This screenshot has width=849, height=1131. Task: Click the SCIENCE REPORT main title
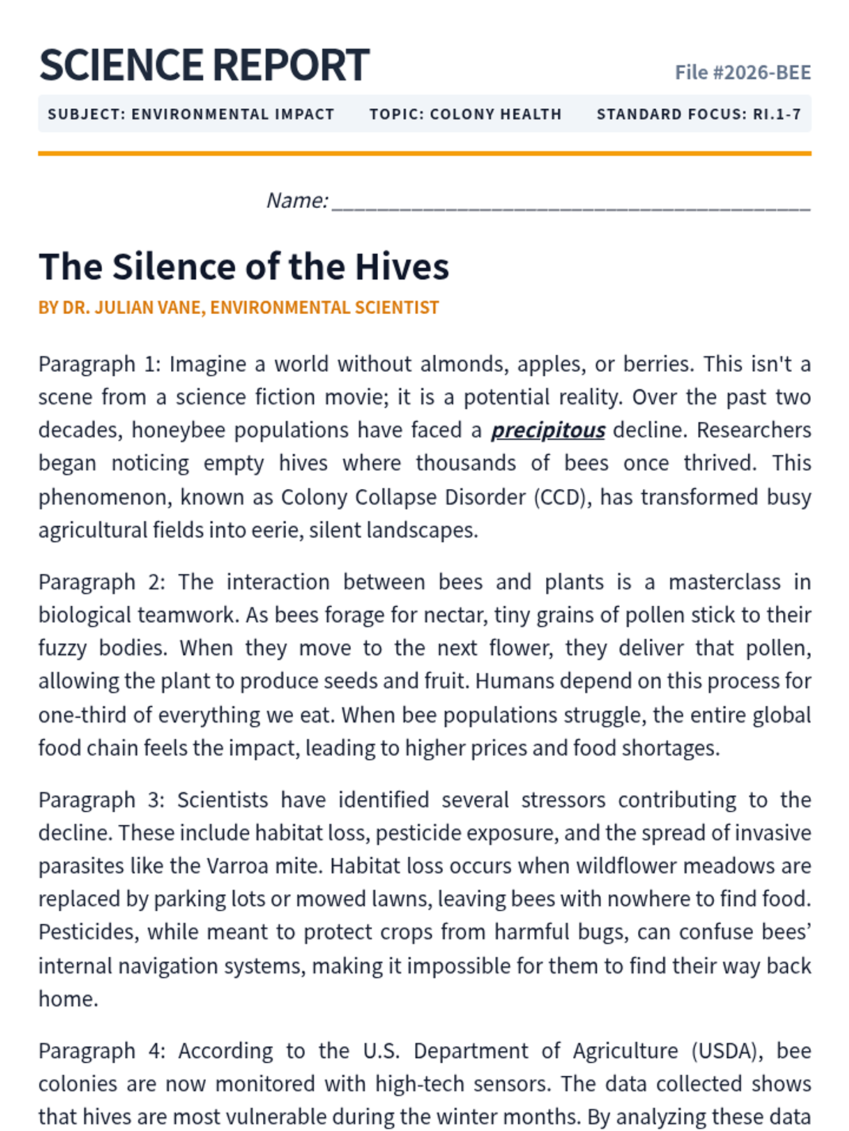coord(204,65)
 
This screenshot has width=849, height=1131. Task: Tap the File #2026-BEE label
coord(742,73)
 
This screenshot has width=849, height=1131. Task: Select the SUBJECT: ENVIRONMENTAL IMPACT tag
coord(191,115)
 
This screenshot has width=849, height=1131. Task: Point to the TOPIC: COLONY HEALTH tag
coord(465,115)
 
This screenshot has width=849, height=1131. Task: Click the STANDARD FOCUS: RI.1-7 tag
coord(698,115)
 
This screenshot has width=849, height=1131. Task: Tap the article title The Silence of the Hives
coord(243,266)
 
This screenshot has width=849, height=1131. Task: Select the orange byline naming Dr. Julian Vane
coord(238,307)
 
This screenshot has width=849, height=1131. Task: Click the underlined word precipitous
coord(548,430)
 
